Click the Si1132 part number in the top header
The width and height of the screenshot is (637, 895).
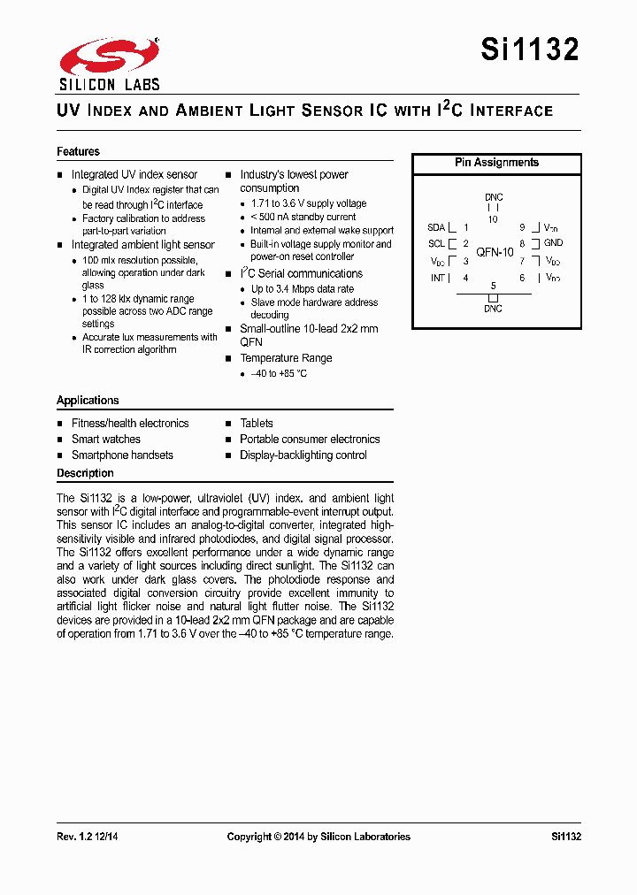pyautogui.click(x=530, y=50)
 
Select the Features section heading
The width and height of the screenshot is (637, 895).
pyautogui.click(x=78, y=151)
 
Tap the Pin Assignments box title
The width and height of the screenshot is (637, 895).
pyautogui.click(x=496, y=163)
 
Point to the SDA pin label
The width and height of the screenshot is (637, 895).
pyautogui.click(x=436, y=227)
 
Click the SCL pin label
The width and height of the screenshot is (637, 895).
pyautogui.click(x=436, y=244)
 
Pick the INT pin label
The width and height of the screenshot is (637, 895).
pyautogui.click(x=437, y=278)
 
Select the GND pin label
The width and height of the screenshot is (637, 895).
pyautogui.click(x=553, y=243)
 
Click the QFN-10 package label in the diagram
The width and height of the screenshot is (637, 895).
pyautogui.click(x=495, y=252)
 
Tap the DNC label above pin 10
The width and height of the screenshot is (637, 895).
pyautogui.click(x=494, y=197)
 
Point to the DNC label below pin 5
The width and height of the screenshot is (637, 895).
pyautogui.click(x=493, y=309)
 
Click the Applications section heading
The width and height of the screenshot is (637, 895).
pyautogui.click(x=88, y=401)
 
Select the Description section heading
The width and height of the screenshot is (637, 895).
pyautogui.click(x=85, y=473)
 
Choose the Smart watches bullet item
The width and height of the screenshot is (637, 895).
pyautogui.click(x=105, y=440)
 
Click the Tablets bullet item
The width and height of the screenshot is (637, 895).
pyautogui.click(x=257, y=424)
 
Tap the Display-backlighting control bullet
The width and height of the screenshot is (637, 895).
pyautogui.click(x=303, y=455)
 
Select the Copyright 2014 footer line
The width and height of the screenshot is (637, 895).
pyautogui.click(x=318, y=837)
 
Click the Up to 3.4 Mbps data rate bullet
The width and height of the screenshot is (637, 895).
pyautogui.click(x=302, y=289)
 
